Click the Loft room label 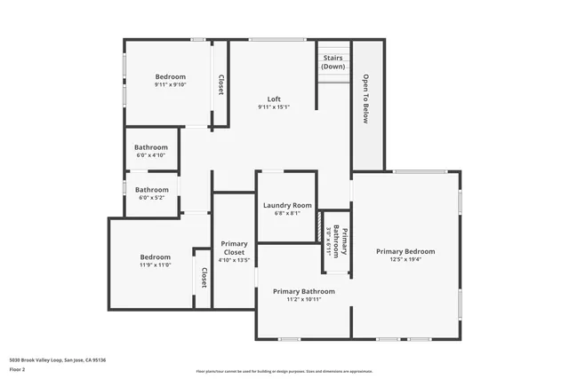click(x=274, y=99)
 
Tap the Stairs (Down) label click(x=333, y=62)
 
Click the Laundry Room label click(x=287, y=205)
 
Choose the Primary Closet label click(x=234, y=248)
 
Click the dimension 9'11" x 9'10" click(x=171, y=85)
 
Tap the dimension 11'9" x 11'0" click(x=155, y=265)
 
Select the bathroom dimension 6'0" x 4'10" click(x=151, y=155)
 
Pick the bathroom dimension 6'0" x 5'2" click(x=151, y=197)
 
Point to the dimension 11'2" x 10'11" click(x=304, y=300)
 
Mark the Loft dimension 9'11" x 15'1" click(x=274, y=107)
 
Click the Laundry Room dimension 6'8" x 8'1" click(x=287, y=213)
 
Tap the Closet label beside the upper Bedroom click(x=220, y=84)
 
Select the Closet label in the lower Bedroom click(x=203, y=278)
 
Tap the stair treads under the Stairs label click(x=333, y=78)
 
